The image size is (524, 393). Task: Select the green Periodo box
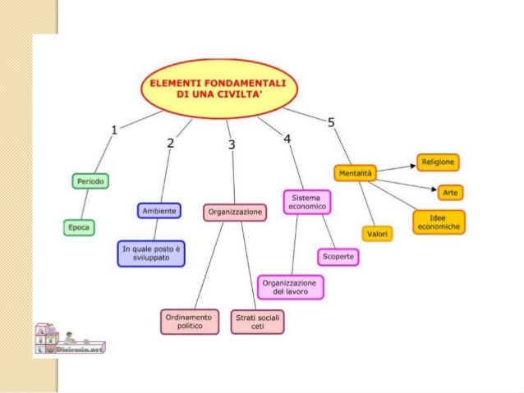tap(90, 181)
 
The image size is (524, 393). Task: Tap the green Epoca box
tap(80, 227)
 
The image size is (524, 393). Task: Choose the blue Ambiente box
tap(159, 211)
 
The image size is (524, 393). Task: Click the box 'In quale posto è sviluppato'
tap(151, 253)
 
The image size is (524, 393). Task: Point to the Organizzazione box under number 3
tap(235, 212)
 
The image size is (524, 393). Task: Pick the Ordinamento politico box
tap(190, 322)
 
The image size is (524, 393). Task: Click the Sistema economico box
tap(307, 202)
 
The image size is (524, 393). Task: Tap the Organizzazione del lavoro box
tap(290, 287)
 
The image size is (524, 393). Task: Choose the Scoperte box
tap(338, 257)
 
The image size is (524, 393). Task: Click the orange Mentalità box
tap(354, 173)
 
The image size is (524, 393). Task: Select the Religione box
tap(438, 162)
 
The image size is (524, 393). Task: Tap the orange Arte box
tap(450, 192)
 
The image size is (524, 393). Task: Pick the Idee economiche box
tap(439, 222)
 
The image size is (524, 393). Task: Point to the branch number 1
tap(116, 129)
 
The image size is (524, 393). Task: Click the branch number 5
tap(331, 123)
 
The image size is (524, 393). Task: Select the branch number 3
tap(232, 144)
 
